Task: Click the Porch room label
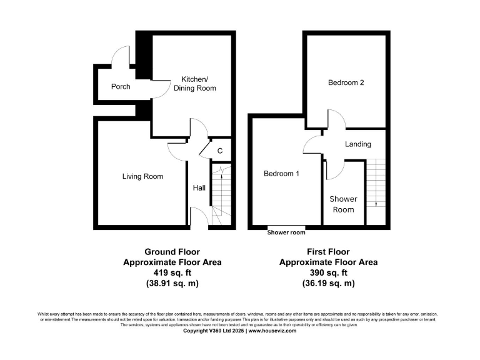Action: coord(121,86)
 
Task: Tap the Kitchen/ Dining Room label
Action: coord(198,84)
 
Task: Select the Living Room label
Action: coord(142,176)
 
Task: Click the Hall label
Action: coord(199,187)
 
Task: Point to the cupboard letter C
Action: coord(220,151)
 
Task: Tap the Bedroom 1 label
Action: coord(281,174)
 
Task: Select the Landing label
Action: coord(358,144)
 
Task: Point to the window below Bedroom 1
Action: coord(286,226)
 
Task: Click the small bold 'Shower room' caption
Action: coord(286,233)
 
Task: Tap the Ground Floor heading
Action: coord(172,252)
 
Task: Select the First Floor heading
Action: coord(328,252)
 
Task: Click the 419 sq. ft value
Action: coord(172,272)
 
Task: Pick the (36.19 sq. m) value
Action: coord(328,283)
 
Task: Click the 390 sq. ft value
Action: coord(328,272)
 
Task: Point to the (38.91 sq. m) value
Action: coord(172,283)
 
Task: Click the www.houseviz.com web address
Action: coord(273,331)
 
